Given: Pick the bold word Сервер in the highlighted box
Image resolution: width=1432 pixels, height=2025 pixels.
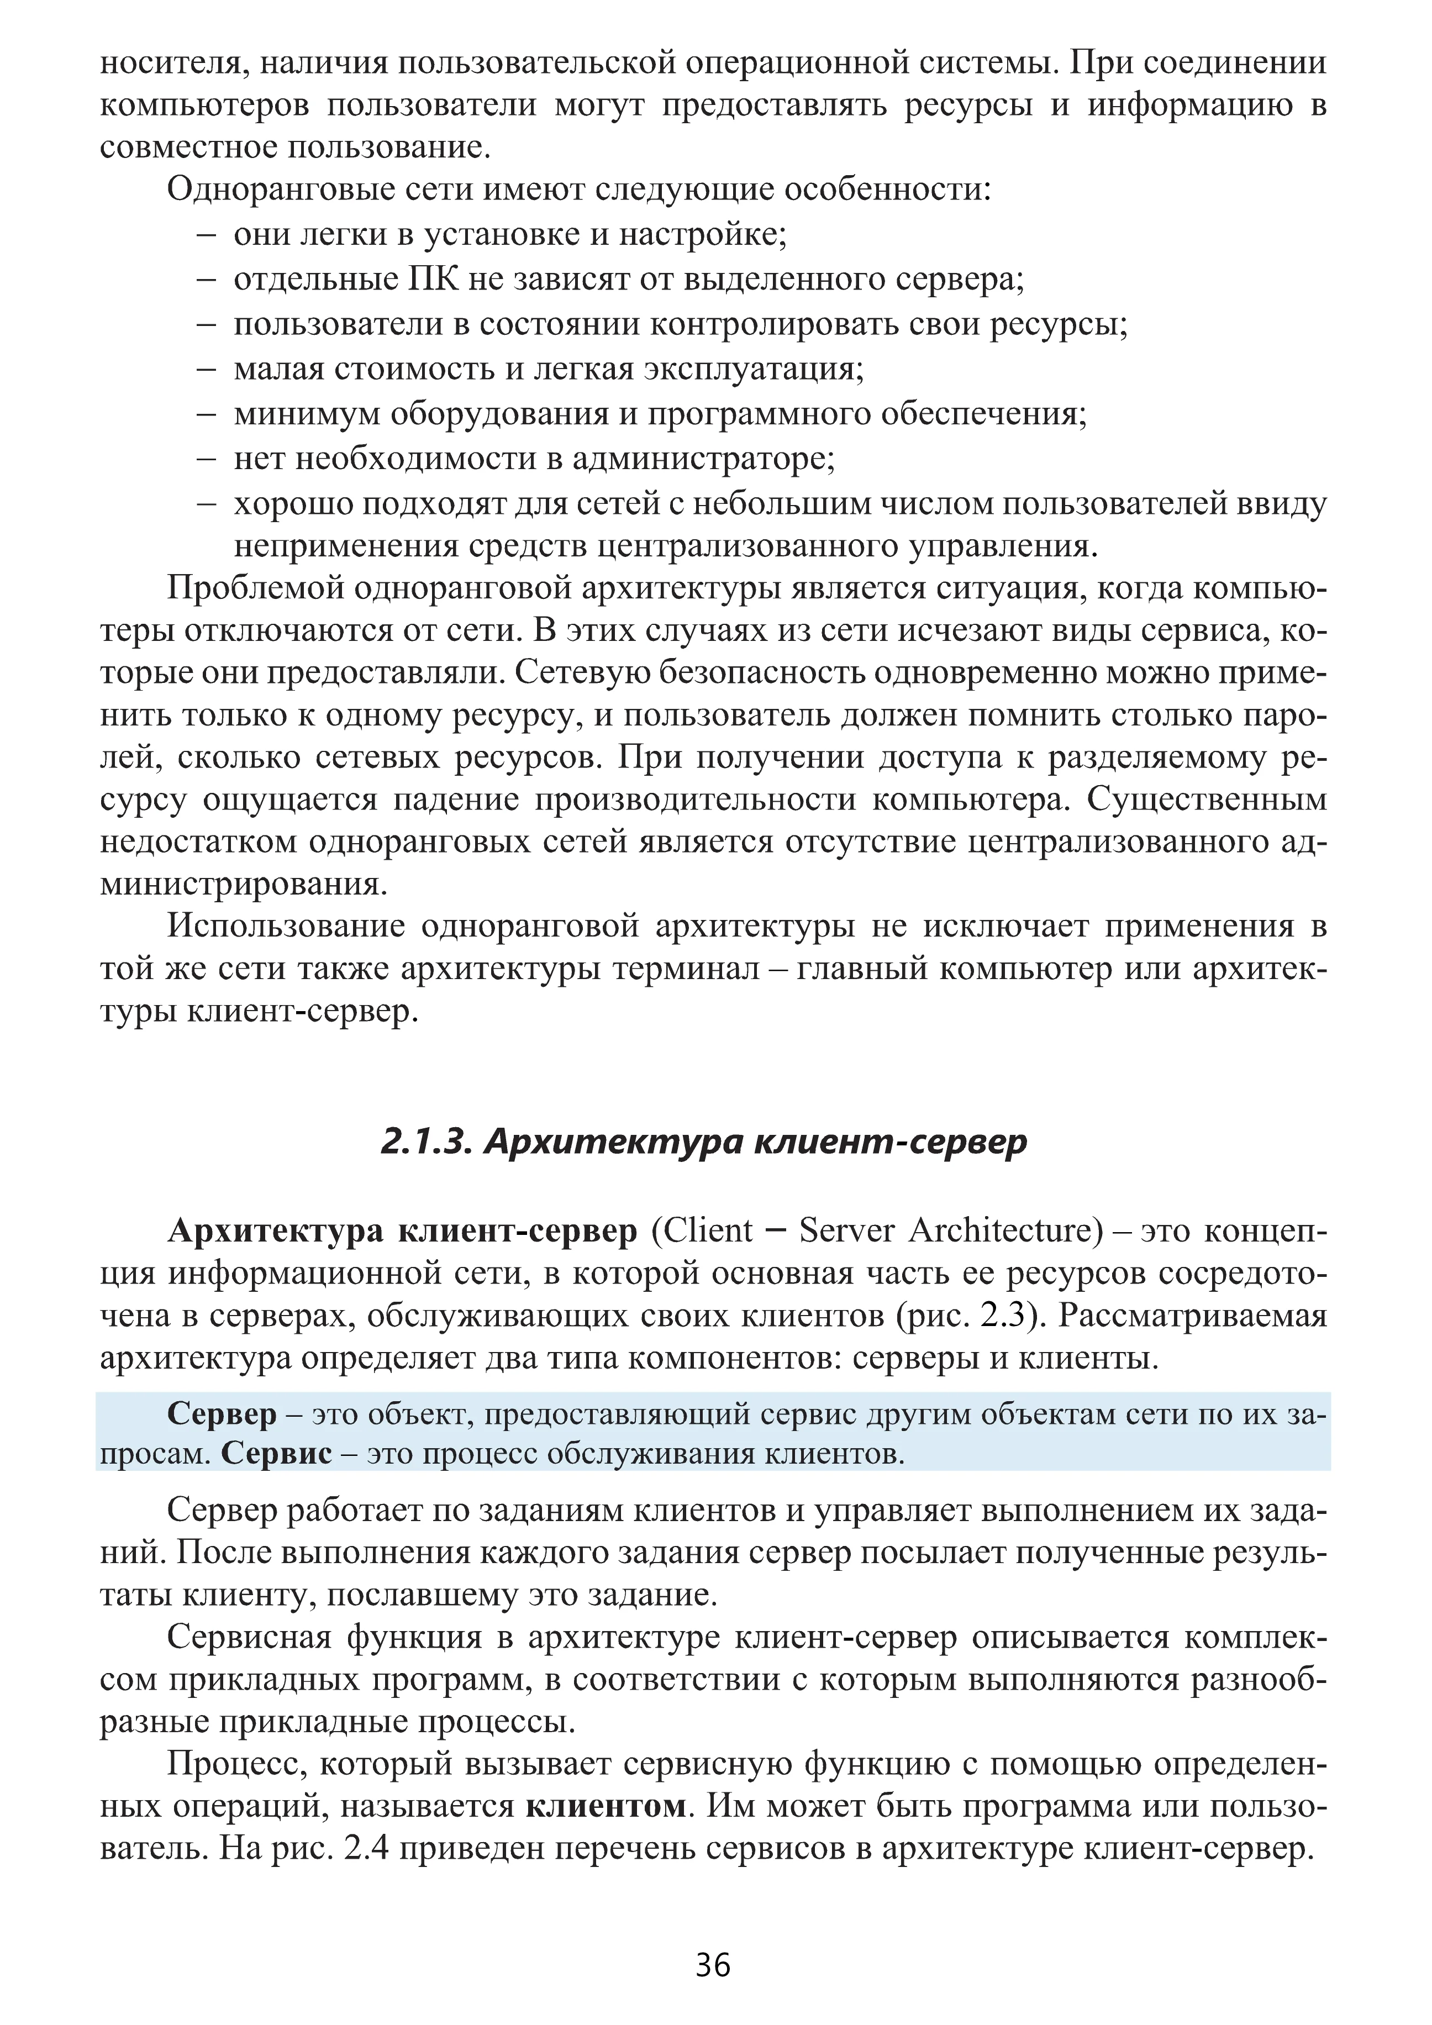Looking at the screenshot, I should point(222,1414).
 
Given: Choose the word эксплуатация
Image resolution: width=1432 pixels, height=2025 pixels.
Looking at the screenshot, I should point(753,369).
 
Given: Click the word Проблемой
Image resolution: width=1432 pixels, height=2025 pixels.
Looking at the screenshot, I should point(254,588).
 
